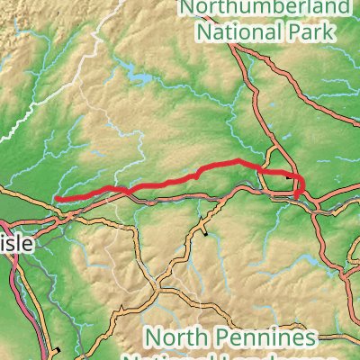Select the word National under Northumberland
(x=238, y=33)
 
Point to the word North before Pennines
(x=176, y=338)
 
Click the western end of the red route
(x=56, y=199)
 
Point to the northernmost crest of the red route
(x=237, y=161)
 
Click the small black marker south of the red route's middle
(x=206, y=233)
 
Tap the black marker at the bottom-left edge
(x=57, y=349)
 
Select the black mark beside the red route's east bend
(x=288, y=177)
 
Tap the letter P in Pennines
(x=226, y=338)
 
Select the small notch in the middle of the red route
(x=196, y=173)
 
